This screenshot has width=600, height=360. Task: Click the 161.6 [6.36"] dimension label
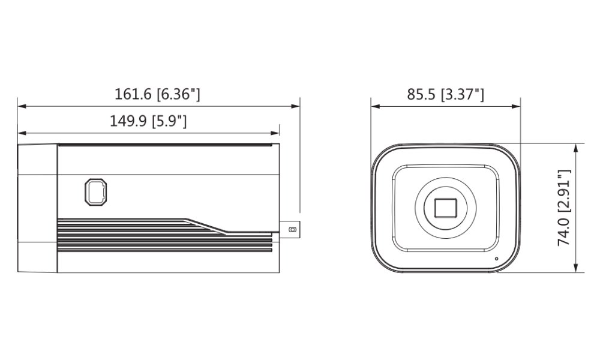[x=157, y=94]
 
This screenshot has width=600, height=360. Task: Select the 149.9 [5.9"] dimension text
[x=148, y=121]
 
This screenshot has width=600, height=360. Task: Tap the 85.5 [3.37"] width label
[x=445, y=94]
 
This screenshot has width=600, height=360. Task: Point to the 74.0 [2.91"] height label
[x=564, y=208]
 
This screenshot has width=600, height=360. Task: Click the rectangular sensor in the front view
[x=446, y=208]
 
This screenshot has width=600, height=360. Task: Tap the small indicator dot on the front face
[x=497, y=259]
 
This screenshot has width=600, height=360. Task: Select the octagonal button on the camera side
[x=95, y=191]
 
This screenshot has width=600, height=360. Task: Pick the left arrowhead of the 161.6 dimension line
[x=22, y=106]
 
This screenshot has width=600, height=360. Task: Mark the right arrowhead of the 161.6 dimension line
[x=295, y=106]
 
